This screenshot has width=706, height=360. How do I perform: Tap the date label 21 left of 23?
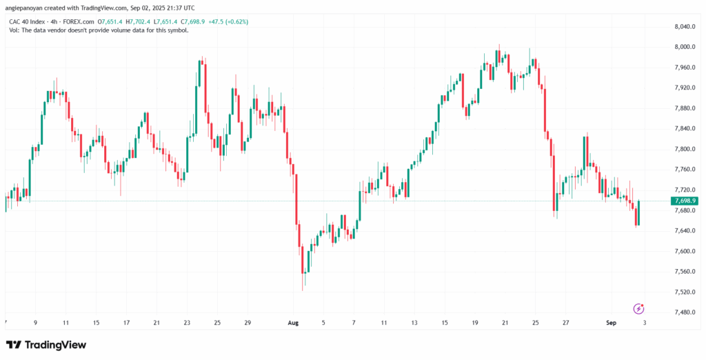coord(157,323)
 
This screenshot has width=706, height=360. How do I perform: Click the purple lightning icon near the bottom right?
coord(638,308)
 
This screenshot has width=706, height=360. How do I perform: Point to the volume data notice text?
coord(99,30)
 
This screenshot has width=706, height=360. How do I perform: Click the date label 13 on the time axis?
coord(414,323)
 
